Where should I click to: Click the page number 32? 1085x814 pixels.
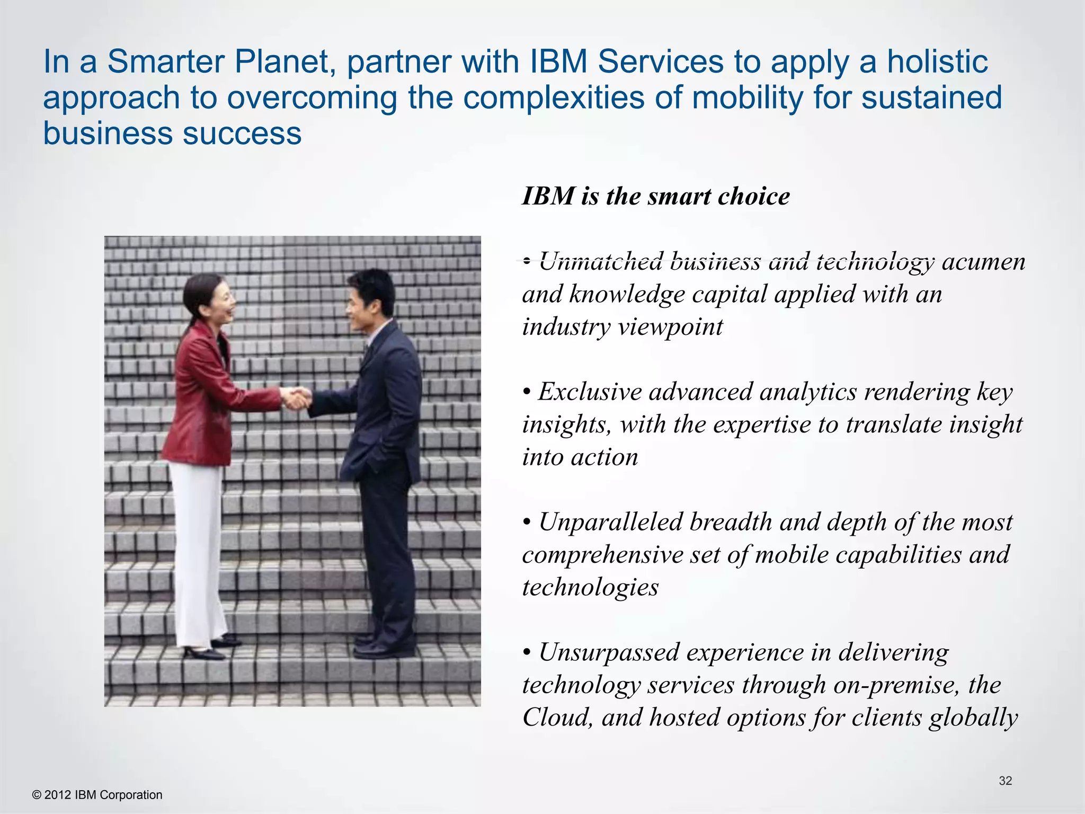1005,781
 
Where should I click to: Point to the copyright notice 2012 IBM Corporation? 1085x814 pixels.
97,795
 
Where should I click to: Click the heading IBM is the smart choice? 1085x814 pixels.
656,197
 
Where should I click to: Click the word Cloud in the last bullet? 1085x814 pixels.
556,718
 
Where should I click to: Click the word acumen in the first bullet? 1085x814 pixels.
984,261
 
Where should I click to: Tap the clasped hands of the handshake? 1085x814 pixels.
295,397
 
